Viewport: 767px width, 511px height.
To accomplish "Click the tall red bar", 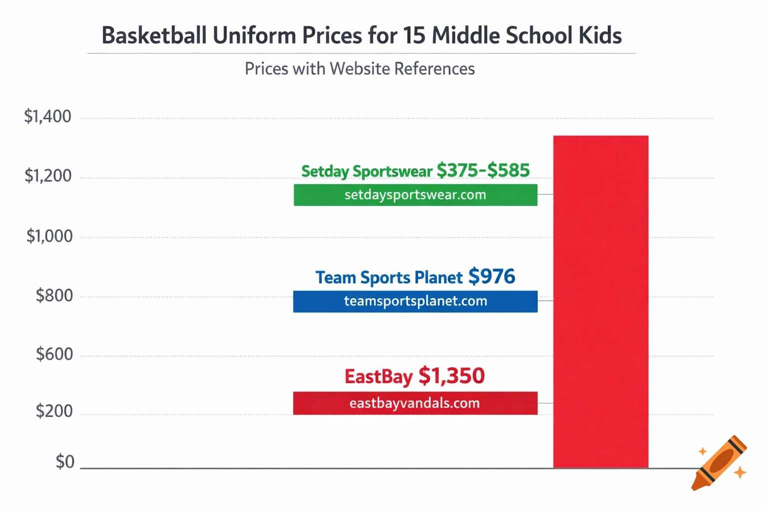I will [x=601, y=301].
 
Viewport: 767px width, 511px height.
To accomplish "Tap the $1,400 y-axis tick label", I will [x=48, y=117].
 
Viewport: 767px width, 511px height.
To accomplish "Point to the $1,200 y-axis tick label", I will [x=48, y=176].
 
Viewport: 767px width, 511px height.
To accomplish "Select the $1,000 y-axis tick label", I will [x=49, y=236].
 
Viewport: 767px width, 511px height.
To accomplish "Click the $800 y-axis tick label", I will [x=54, y=295].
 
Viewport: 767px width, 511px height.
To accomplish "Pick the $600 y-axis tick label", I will [x=54, y=354].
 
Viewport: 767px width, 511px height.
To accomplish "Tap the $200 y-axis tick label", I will [x=54, y=411].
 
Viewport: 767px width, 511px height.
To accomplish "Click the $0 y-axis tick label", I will [x=65, y=462].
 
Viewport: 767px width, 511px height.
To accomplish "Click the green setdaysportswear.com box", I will [x=415, y=195].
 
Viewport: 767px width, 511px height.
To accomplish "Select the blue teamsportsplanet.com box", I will [x=415, y=301].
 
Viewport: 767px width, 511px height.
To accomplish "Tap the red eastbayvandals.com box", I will [x=415, y=403].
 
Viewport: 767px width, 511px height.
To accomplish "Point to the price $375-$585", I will [x=483, y=170].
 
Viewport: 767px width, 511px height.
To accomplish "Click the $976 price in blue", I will [x=491, y=276].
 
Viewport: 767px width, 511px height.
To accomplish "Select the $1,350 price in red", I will [x=451, y=376].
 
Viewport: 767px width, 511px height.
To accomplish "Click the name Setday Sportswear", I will [x=367, y=171].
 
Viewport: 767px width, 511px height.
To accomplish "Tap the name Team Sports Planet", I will [x=389, y=277].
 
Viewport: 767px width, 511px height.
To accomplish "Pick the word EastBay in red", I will [x=379, y=377].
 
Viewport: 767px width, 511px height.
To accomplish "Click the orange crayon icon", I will [x=720, y=463].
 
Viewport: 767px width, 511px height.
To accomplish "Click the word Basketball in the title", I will [x=154, y=35].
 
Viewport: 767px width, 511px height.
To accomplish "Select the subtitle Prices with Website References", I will [x=360, y=69].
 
